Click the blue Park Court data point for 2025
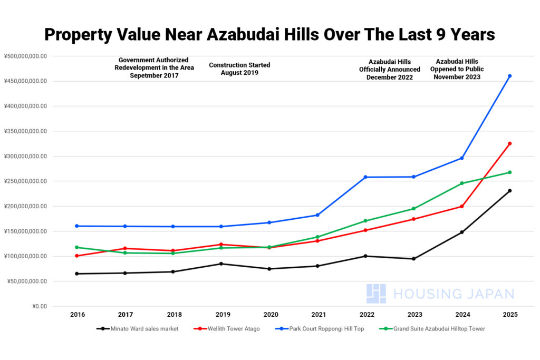(509, 76)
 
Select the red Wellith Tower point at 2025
(509, 143)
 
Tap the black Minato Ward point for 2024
(461, 232)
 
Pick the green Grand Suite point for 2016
(77, 247)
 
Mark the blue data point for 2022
(365, 177)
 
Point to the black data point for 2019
(221, 264)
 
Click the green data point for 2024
(461, 183)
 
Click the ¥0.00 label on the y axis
(36, 306)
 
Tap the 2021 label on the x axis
(318, 315)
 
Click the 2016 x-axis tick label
(78, 315)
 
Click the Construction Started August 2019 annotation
(239, 69)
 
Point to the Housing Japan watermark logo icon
(376, 294)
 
